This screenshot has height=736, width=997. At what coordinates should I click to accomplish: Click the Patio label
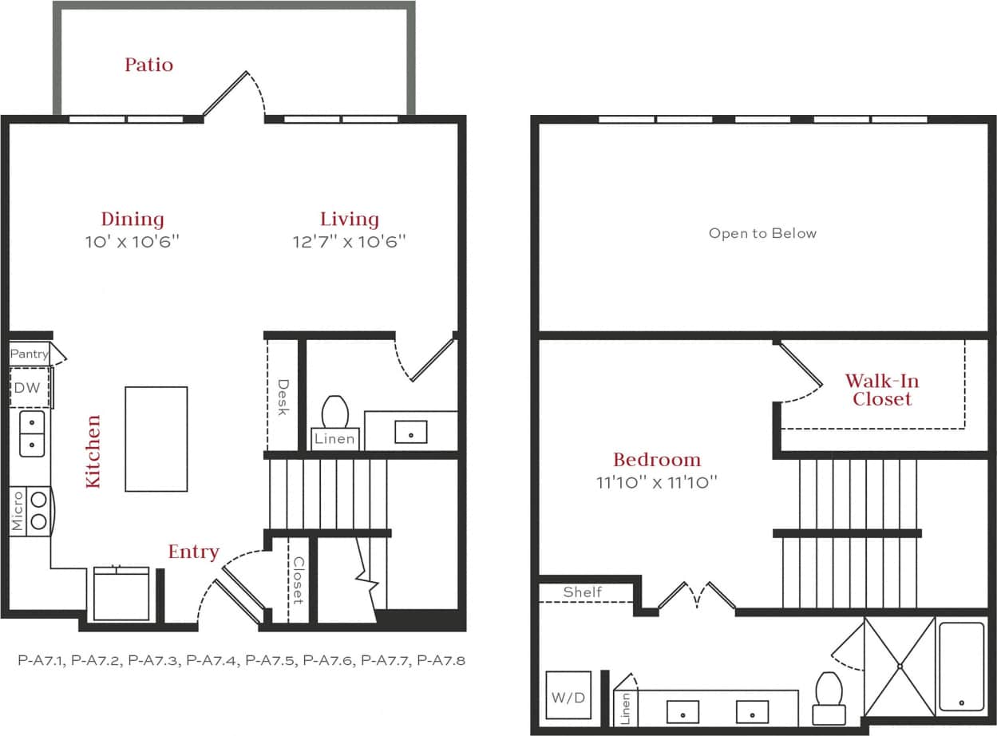pos(148,65)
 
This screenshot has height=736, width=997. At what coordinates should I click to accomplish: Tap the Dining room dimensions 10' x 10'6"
pos(133,241)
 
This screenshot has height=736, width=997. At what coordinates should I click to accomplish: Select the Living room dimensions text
pos(350,241)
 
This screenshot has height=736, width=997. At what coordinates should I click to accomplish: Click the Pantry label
pos(29,354)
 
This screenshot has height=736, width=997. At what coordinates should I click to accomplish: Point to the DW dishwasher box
pos(30,389)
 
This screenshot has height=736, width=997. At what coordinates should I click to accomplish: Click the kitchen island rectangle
pos(156,439)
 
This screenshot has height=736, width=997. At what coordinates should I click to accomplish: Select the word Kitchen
pos(93,451)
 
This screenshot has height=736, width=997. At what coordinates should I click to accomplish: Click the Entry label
pos(193,552)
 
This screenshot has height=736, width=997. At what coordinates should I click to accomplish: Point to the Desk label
pos(283,397)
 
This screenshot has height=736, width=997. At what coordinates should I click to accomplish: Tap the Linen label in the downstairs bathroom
pos(334,439)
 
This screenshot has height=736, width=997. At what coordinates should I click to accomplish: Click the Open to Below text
pos(762,233)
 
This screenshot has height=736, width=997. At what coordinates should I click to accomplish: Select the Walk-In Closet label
pos(881,390)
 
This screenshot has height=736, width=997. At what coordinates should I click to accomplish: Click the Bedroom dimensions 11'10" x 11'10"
pos(657,481)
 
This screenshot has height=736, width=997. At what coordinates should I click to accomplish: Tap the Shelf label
pos(583,592)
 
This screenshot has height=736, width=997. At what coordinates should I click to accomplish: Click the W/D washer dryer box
pos(568,697)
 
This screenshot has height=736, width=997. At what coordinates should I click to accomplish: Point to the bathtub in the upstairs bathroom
pos(961,667)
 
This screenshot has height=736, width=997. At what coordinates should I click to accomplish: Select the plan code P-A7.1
pos(42,660)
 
